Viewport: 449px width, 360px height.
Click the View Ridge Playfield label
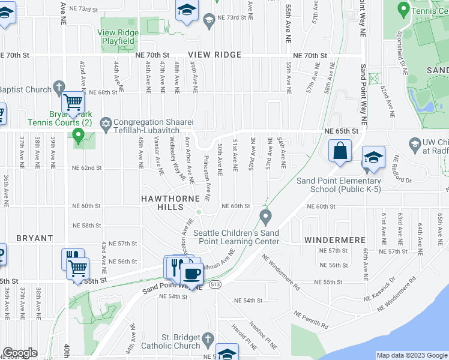click(x=118, y=37)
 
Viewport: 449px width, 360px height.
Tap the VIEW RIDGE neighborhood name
click(x=214, y=55)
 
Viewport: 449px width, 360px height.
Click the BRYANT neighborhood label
click(x=35, y=238)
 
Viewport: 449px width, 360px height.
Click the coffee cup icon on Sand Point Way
click(x=191, y=274)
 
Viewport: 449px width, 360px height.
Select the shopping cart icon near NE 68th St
click(x=73, y=103)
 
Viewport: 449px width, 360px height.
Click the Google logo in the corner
click(x=20, y=353)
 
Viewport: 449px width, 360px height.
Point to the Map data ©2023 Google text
click(x=411, y=355)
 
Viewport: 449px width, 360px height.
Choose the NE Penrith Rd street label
click(x=310, y=320)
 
